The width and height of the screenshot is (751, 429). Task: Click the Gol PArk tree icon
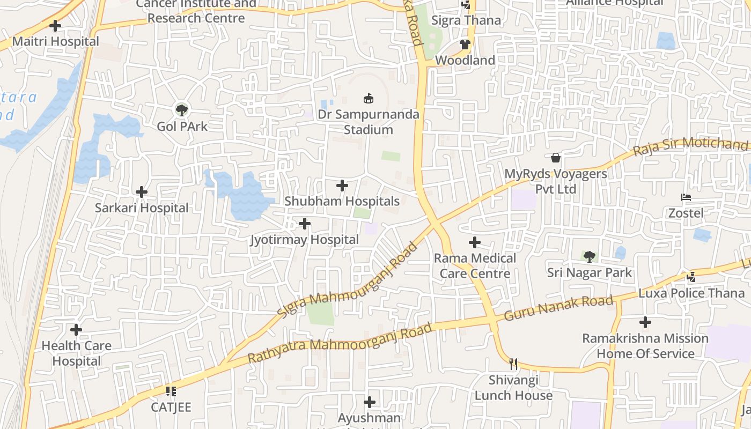tap(182, 110)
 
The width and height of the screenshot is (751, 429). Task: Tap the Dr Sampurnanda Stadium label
tap(369, 122)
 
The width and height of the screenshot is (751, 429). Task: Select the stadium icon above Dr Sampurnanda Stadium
tap(369, 99)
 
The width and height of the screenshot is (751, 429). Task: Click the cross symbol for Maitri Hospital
tap(55, 25)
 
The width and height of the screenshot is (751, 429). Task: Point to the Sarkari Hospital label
tap(142, 208)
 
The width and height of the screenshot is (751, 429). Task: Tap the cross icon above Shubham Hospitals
tap(342, 186)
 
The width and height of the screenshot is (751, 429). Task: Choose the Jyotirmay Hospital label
tap(305, 240)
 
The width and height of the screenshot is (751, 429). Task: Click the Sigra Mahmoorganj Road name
tap(348, 281)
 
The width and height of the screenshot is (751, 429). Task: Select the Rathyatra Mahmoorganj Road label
tap(340, 343)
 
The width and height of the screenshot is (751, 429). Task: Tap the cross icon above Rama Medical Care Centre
tap(475, 242)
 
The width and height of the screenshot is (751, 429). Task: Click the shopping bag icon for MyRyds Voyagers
tap(556, 158)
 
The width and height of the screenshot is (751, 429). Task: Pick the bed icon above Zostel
tap(686, 197)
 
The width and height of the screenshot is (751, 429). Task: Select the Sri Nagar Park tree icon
tap(590, 256)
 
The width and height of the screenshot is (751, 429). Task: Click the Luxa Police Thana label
tap(691, 293)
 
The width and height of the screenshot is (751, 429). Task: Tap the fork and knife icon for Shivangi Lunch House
tap(513, 364)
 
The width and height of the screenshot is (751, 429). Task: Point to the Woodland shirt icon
tap(465, 45)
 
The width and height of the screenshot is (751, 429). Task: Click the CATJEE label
tap(171, 407)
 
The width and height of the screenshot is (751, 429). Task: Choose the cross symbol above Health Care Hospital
tap(76, 329)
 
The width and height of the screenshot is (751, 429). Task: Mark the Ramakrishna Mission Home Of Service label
tap(645, 346)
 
